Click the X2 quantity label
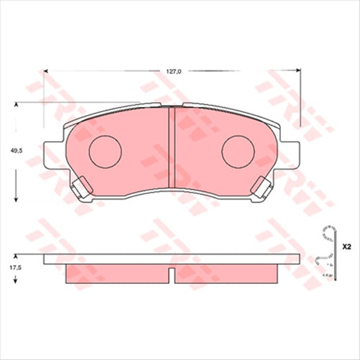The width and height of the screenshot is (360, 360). point(346,246)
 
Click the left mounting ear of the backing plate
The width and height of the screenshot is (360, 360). point(52,152)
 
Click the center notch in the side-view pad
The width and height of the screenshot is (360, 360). point(171,274)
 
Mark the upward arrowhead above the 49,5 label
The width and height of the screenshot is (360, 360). point(16,106)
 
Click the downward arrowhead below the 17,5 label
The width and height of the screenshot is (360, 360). point(16,281)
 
